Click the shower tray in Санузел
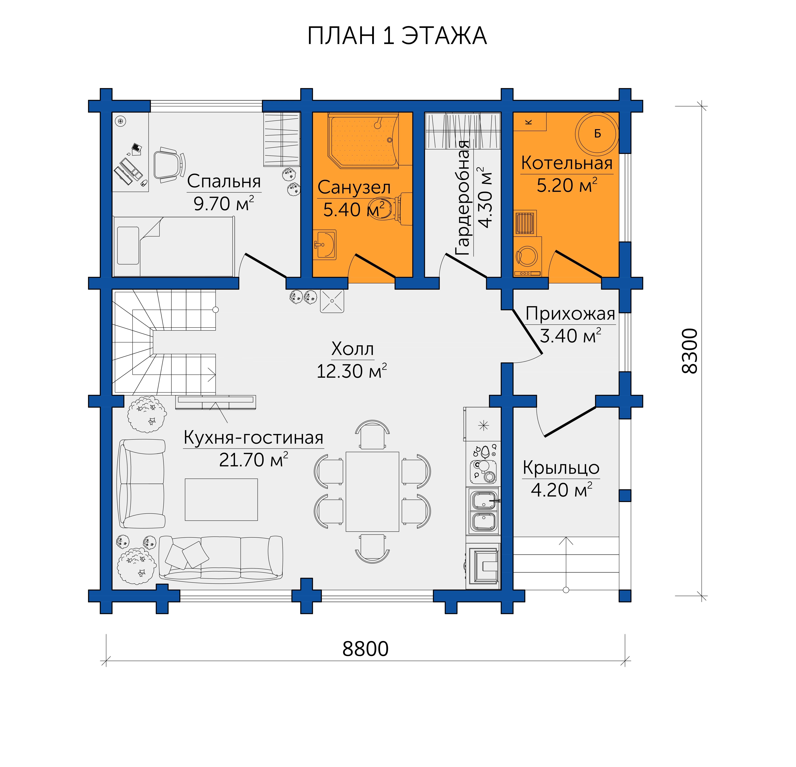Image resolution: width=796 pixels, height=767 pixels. (363, 140)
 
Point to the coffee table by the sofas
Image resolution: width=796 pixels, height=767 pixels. (221, 500)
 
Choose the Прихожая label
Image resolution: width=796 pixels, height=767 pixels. (570, 314)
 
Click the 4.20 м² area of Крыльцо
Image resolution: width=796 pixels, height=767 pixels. (561, 490)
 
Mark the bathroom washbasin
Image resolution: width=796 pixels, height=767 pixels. (324, 244)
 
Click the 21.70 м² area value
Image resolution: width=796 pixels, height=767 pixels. (253, 460)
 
